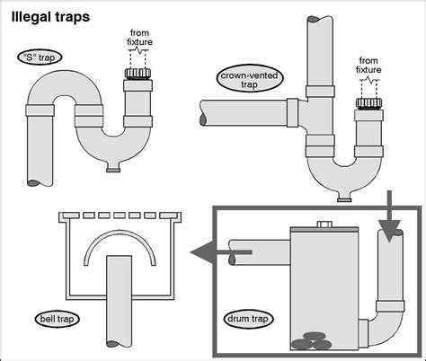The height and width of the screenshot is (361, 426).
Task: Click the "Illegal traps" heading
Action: coord(50,17)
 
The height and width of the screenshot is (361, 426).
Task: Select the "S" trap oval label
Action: coord(40,57)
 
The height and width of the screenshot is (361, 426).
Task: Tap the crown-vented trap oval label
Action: coord(249,79)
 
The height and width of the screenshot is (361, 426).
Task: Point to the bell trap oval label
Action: coord(57,319)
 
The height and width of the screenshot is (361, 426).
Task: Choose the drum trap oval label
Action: coord(248,319)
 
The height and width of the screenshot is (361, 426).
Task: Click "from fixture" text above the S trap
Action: coord(139,37)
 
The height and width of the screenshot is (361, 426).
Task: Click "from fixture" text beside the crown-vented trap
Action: coord(368,66)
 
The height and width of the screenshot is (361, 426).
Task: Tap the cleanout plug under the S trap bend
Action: coord(113,169)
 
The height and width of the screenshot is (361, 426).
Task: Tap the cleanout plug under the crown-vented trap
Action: coord(344,198)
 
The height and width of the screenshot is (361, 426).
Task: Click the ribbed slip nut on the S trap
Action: coord(138,74)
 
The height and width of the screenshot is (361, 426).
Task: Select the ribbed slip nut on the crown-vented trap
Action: coord(368,102)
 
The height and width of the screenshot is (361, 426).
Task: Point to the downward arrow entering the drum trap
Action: coord(389,216)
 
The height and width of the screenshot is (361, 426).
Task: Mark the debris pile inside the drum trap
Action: coord(312,341)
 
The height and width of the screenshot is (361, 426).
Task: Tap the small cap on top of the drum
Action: coord(324,225)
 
